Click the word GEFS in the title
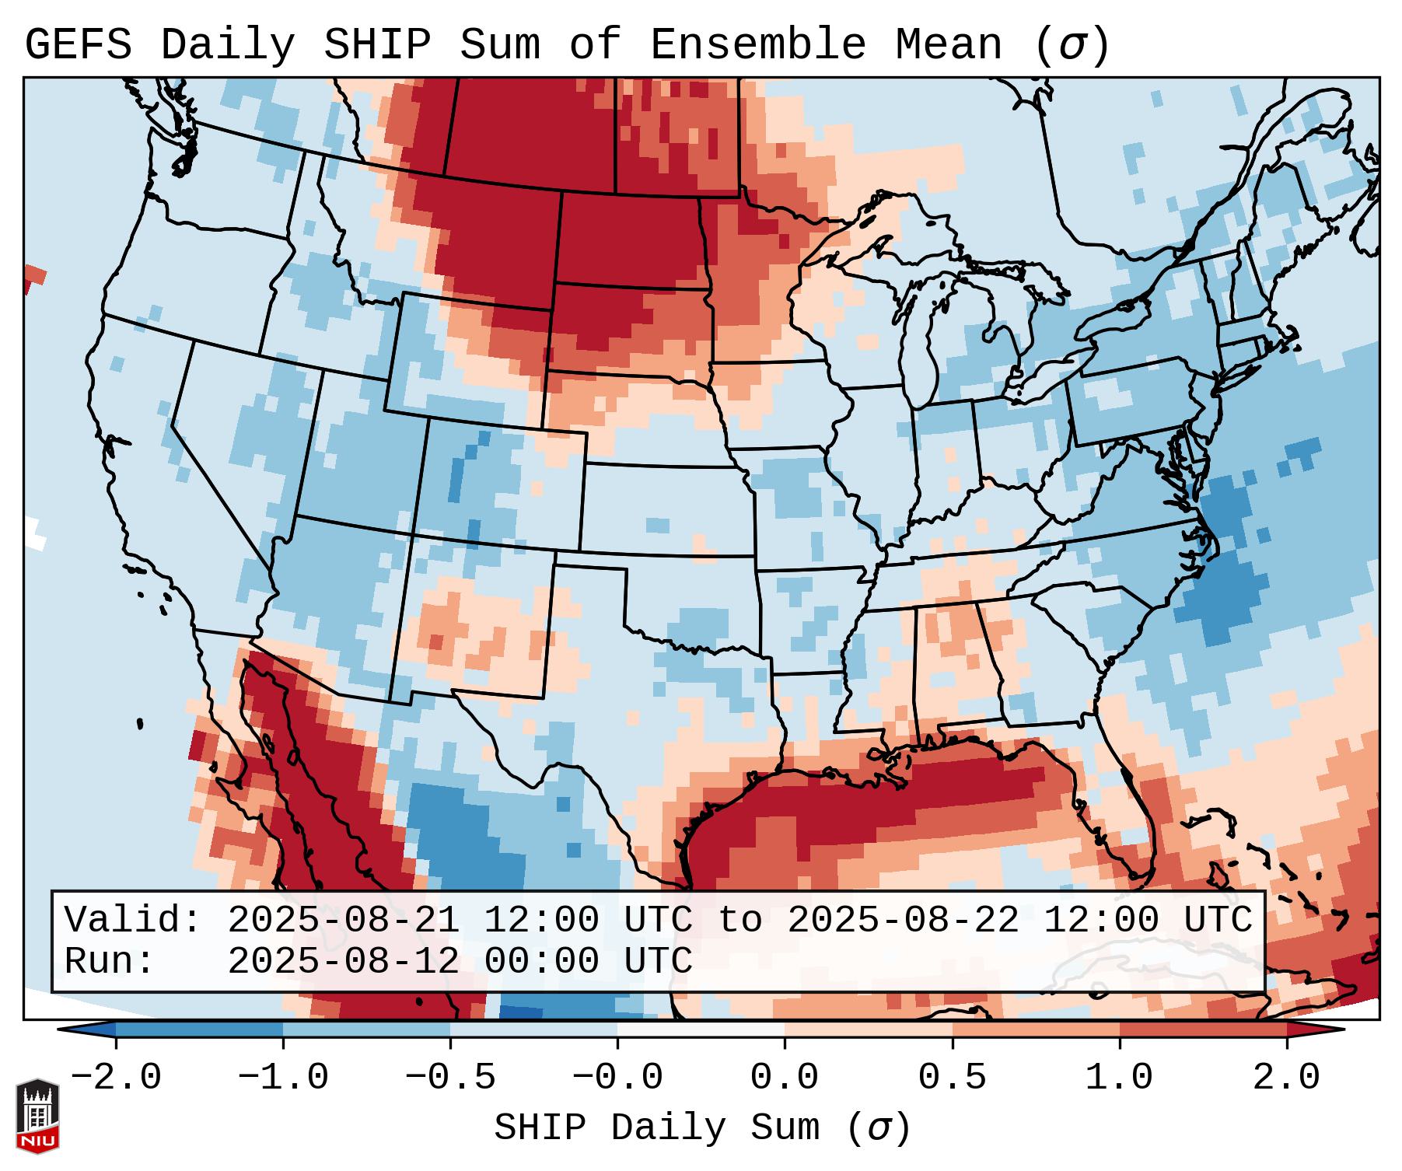(78, 45)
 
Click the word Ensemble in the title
(757, 45)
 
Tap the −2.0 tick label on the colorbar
(116, 1078)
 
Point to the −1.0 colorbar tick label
(283, 1078)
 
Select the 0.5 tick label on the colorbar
(953, 1078)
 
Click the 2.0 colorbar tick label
(1287, 1078)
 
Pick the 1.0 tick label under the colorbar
(1120, 1078)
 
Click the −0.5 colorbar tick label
(450, 1078)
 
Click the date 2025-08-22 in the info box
(903, 921)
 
